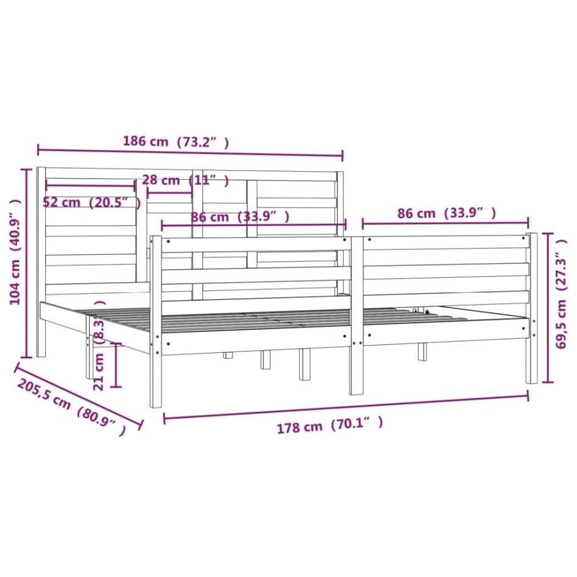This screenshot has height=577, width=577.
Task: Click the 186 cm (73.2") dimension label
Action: click(x=176, y=142)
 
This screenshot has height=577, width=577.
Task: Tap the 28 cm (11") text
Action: click(x=185, y=180)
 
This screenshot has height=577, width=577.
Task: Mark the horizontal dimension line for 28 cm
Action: click(x=169, y=194)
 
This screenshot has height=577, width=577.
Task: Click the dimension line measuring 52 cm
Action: click(x=90, y=185)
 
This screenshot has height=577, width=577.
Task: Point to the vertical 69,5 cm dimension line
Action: click(x=548, y=307)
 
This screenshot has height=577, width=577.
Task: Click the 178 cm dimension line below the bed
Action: click(x=345, y=406)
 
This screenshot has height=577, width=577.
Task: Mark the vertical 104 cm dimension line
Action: click(x=26, y=263)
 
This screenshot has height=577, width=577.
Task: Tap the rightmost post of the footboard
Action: click(x=532, y=308)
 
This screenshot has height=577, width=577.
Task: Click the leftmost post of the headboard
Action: click(x=41, y=262)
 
